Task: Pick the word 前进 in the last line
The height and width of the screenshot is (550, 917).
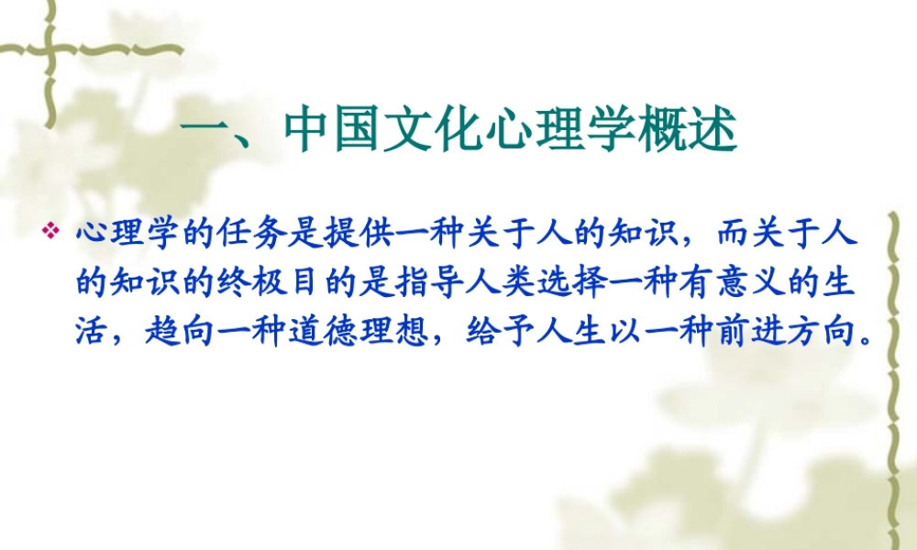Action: click(x=757, y=331)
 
